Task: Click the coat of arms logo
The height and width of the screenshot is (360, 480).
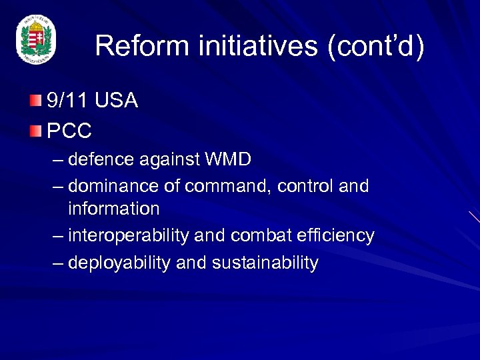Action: [x=36, y=41]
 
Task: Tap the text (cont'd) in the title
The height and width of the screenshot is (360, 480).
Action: [x=375, y=46]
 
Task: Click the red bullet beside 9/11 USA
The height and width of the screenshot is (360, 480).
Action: [x=35, y=101]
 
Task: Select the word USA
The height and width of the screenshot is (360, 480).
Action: [x=116, y=101]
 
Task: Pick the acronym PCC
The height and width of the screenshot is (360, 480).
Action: [x=69, y=131]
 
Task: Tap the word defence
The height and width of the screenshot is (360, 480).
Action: [x=98, y=160]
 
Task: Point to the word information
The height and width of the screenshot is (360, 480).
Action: [x=113, y=209]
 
